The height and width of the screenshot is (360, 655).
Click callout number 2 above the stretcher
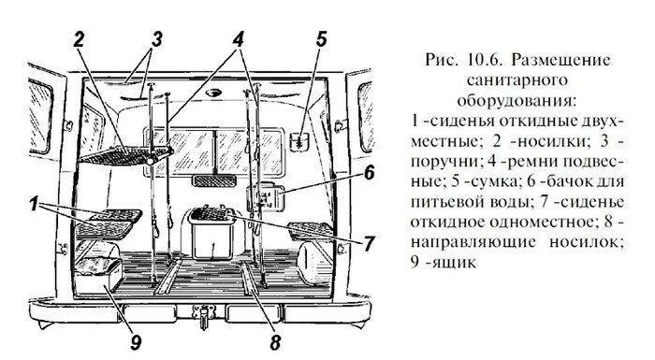click(79, 39)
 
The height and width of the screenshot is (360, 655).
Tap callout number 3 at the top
click(156, 39)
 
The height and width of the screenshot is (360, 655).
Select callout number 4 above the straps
click(238, 39)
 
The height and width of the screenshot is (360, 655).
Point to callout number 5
click(321, 39)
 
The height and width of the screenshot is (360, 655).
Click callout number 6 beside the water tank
click(369, 172)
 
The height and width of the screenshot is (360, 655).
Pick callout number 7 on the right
click(368, 244)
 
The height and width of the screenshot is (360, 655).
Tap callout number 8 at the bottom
click(274, 342)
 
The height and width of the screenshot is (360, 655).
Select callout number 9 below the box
click(136, 342)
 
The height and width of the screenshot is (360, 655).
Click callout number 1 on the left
click(35, 205)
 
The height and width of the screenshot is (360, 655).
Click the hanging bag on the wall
click(298, 141)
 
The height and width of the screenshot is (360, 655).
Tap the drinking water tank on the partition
click(266, 197)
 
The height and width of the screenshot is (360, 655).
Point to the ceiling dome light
click(214, 93)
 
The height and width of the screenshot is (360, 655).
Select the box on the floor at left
click(98, 275)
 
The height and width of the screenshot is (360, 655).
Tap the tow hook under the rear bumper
click(203, 315)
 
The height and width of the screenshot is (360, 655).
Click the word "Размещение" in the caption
click(560, 60)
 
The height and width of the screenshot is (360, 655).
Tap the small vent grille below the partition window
click(214, 180)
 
